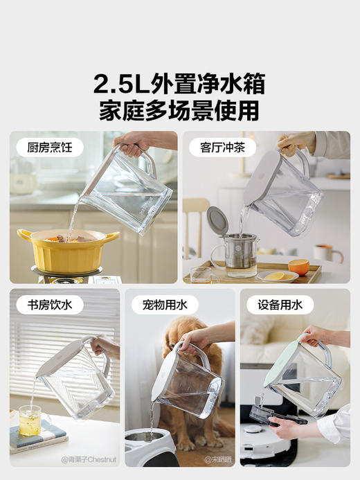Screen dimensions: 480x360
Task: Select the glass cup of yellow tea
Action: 30,420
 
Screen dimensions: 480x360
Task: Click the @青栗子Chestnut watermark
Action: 90,459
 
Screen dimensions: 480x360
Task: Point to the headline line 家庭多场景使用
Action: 179,110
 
